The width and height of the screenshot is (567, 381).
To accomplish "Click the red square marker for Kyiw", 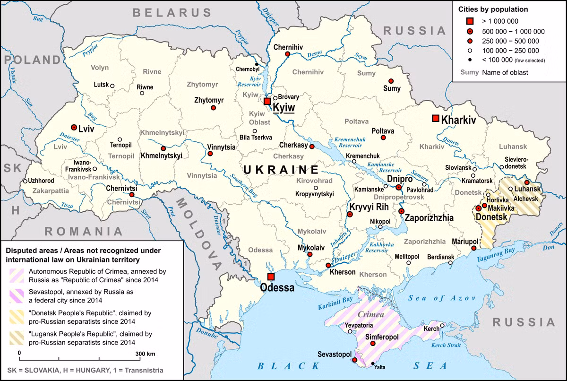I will tap(267, 101).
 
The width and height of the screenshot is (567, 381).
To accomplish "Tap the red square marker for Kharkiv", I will tap(435, 118).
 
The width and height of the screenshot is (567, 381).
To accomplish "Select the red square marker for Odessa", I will tap(271, 277).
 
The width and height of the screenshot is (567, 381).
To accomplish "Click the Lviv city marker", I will tap(74, 127).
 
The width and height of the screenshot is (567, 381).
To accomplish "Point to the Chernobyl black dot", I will tap(257, 64).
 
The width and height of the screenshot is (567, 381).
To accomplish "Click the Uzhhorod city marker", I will tap(25, 181).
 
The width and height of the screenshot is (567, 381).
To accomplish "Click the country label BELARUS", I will tap(172, 13).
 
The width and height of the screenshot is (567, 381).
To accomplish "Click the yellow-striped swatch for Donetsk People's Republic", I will tap(17, 317).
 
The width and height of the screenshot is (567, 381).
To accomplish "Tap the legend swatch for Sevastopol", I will tap(17, 296).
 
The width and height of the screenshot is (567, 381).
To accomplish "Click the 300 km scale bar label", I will tap(145, 353).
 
